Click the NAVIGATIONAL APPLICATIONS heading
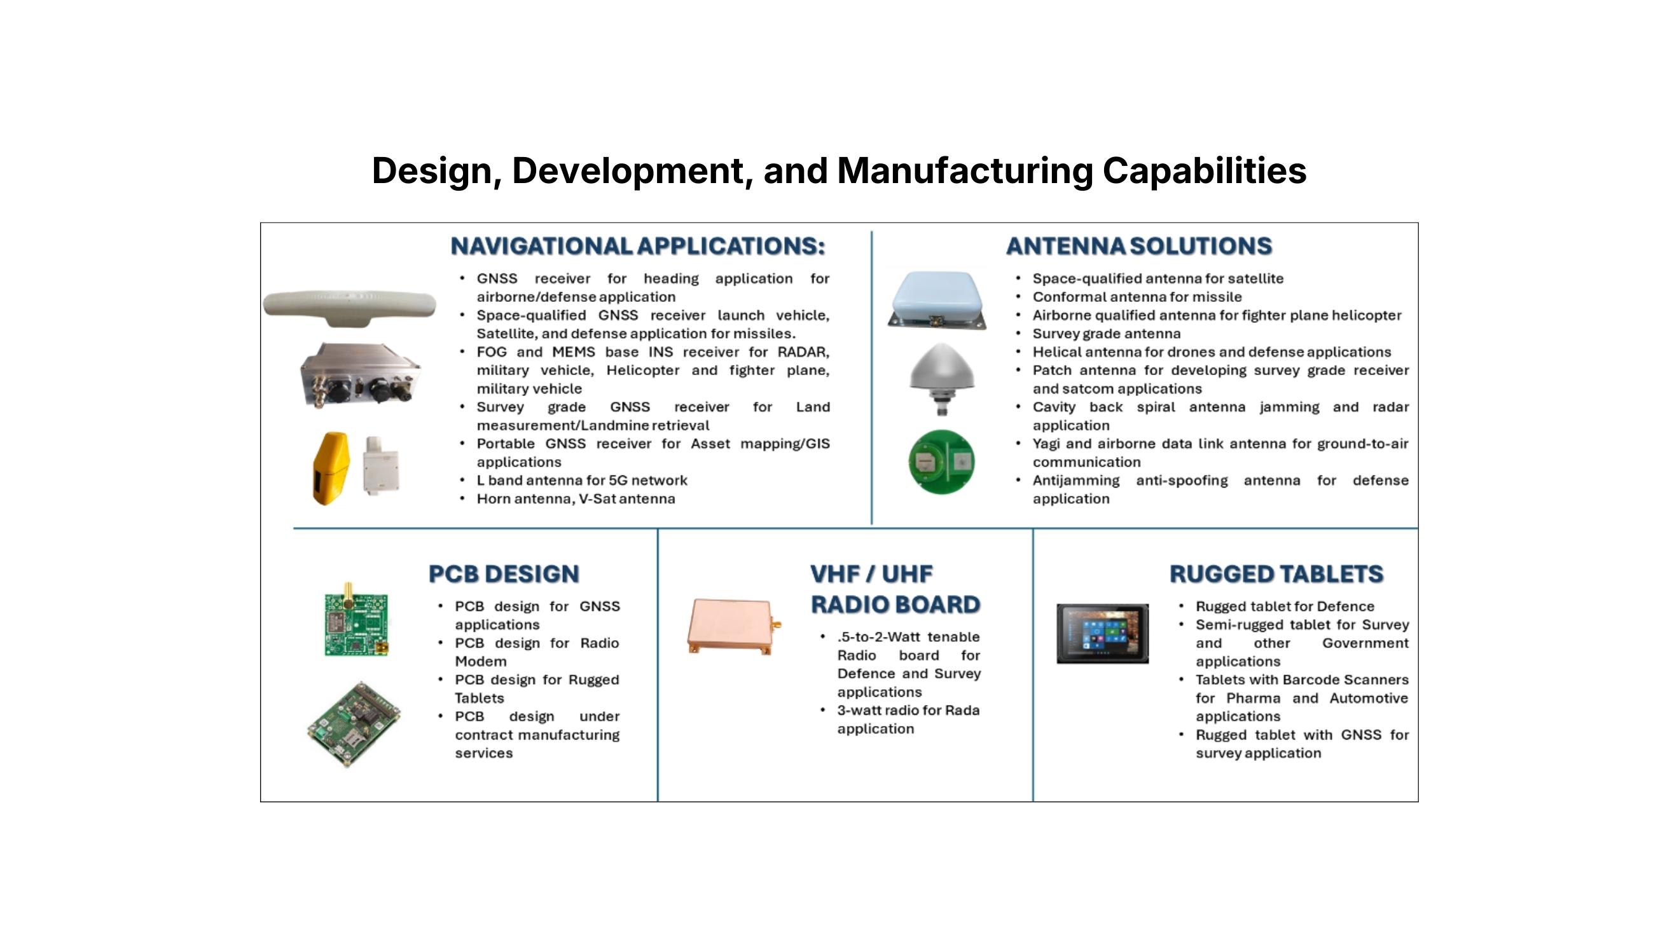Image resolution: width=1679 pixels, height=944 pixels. pyautogui.click(x=637, y=246)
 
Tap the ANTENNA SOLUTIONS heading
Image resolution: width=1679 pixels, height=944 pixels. pyautogui.click(x=1138, y=246)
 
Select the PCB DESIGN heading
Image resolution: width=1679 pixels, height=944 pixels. pyautogui.click(x=504, y=574)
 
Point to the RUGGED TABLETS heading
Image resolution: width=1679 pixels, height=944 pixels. pyautogui.click(x=1276, y=574)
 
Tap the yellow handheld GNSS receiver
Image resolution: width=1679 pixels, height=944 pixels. pyautogui.click(x=331, y=468)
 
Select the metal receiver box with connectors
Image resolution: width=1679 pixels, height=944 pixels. pyautogui.click(x=360, y=374)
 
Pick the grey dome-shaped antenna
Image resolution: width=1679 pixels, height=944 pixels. pyautogui.click(x=941, y=378)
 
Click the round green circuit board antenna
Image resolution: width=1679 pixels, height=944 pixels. pyautogui.click(x=942, y=462)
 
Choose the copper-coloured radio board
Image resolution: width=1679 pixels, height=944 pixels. pyautogui.click(x=733, y=626)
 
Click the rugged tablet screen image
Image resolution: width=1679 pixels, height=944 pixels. pyautogui.click(x=1102, y=633)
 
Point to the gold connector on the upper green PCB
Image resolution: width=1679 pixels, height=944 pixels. pyautogui.click(x=349, y=592)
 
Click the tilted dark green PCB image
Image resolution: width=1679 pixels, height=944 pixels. pyautogui.click(x=354, y=725)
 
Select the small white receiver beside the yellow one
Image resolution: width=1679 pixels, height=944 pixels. pyautogui.click(x=382, y=465)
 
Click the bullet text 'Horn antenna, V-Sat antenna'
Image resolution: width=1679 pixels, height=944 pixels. pyautogui.click(x=576, y=499)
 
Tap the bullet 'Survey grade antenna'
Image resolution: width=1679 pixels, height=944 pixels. pyautogui.click(x=1106, y=334)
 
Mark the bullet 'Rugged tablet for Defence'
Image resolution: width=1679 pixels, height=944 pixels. pyautogui.click(x=1285, y=606)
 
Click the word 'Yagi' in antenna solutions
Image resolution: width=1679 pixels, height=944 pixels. pyautogui.click(x=1047, y=444)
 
